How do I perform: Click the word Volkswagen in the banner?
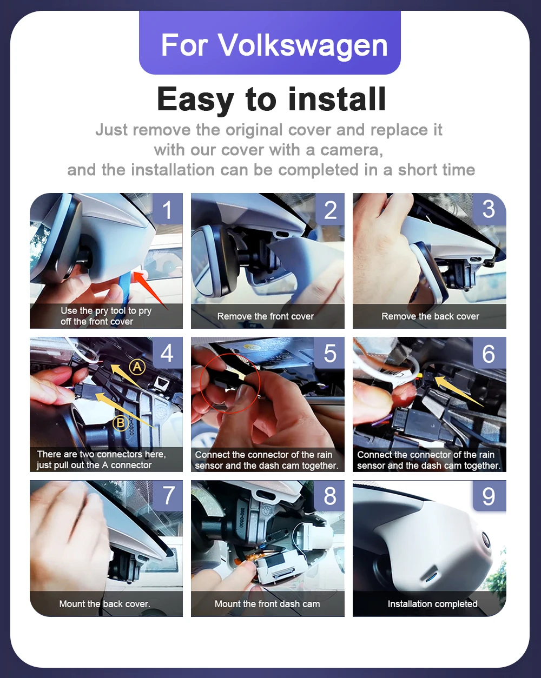[302, 45]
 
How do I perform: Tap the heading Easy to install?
[271, 99]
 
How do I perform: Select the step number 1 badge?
[167, 209]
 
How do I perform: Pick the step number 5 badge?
[330, 353]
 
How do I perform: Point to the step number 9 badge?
[489, 496]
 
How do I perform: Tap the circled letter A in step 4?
[137, 367]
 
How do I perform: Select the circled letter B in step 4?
[121, 423]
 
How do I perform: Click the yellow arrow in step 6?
[459, 391]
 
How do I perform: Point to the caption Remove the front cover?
[266, 316]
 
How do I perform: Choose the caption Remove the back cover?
[430, 316]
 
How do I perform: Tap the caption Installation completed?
[433, 603]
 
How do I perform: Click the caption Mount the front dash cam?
[267, 603]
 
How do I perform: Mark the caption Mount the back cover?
[104, 603]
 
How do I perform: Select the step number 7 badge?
[168, 496]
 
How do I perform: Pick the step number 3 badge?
[489, 209]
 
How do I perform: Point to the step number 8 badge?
[330, 496]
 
